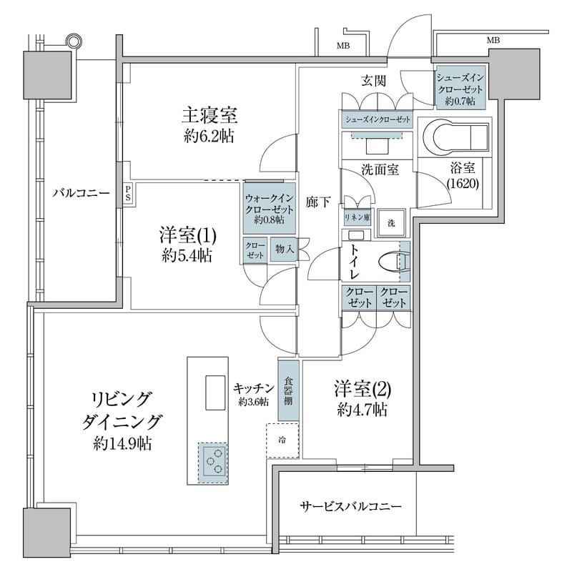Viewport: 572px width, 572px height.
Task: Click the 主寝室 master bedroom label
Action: click(209, 114)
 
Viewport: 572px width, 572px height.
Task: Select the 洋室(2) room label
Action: click(363, 390)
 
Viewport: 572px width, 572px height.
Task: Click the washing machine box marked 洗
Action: click(391, 222)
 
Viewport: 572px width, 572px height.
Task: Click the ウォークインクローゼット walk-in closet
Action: click(269, 207)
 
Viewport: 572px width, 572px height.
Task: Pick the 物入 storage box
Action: click(284, 250)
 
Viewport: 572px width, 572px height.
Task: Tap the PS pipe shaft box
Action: click(128, 193)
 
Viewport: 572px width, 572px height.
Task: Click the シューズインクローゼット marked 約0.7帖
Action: click(460, 87)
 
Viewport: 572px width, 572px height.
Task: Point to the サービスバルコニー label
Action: click(350, 506)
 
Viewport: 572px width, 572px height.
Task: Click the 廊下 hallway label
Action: click(318, 202)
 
